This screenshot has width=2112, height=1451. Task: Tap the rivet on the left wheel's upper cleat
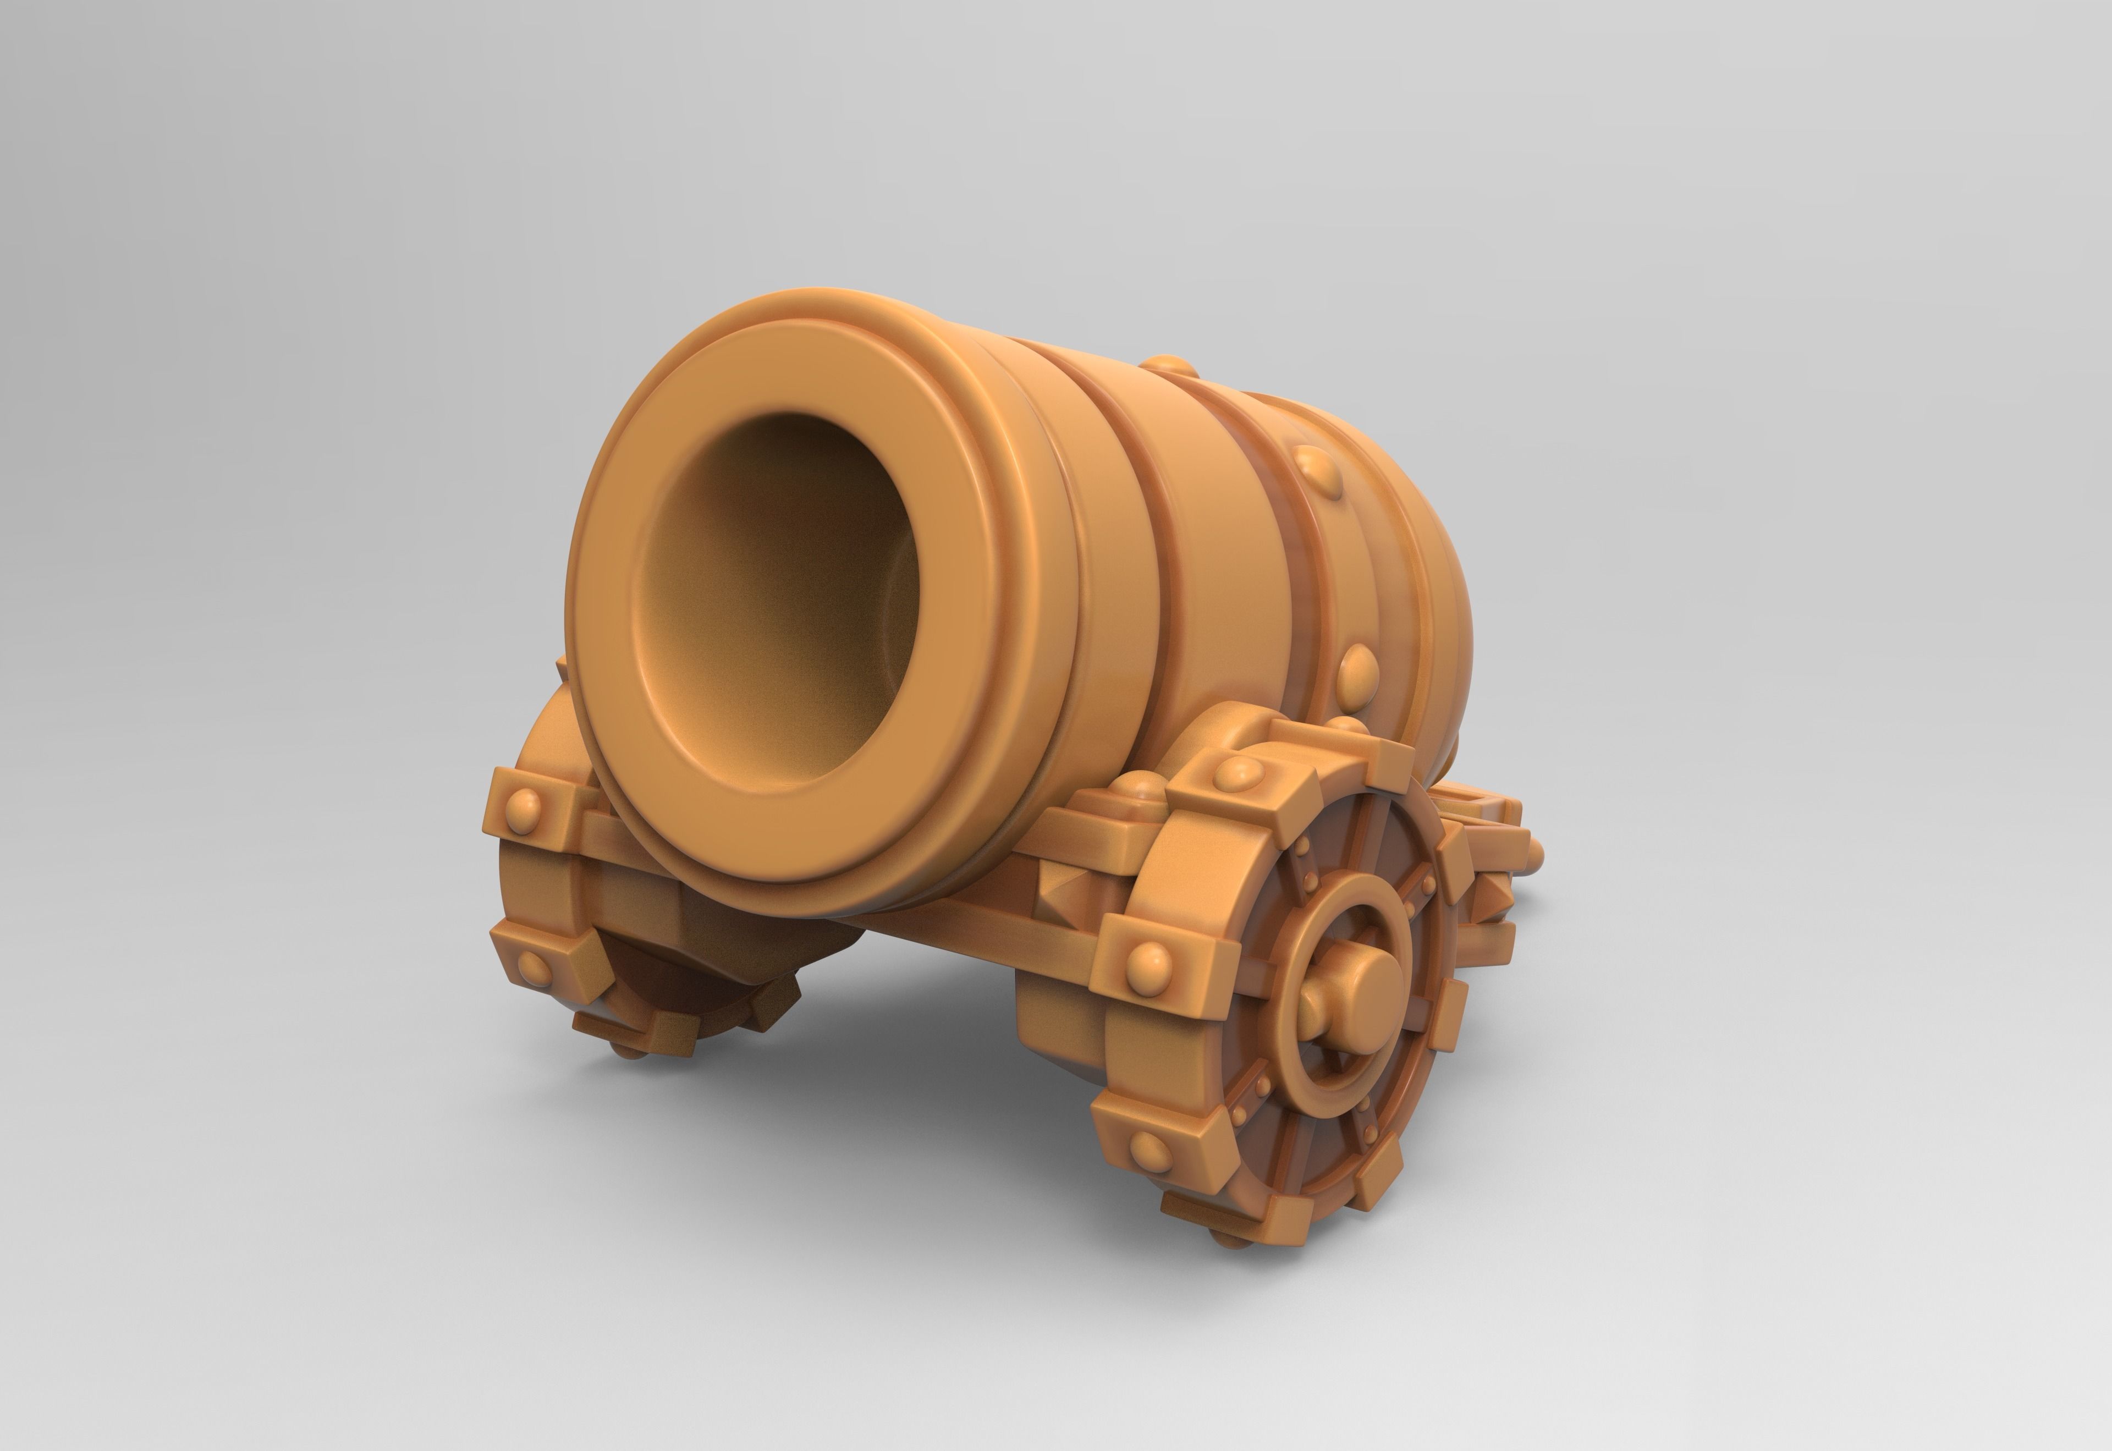pos(525,804)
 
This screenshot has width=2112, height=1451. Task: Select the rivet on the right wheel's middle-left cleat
pos(1149,959)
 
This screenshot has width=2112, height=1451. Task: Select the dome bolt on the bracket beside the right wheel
pos(1141,787)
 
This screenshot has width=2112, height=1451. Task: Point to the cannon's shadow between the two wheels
pos(909,1027)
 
